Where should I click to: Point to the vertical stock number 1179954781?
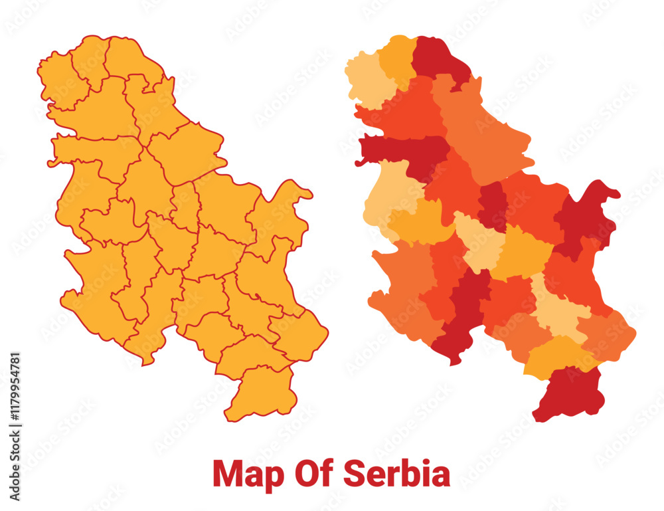(x=15, y=426)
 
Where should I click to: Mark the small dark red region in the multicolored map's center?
(x=493, y=206)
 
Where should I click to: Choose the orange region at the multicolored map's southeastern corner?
(x=608, y=336)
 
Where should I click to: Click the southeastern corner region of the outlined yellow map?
(x=302, y=336)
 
